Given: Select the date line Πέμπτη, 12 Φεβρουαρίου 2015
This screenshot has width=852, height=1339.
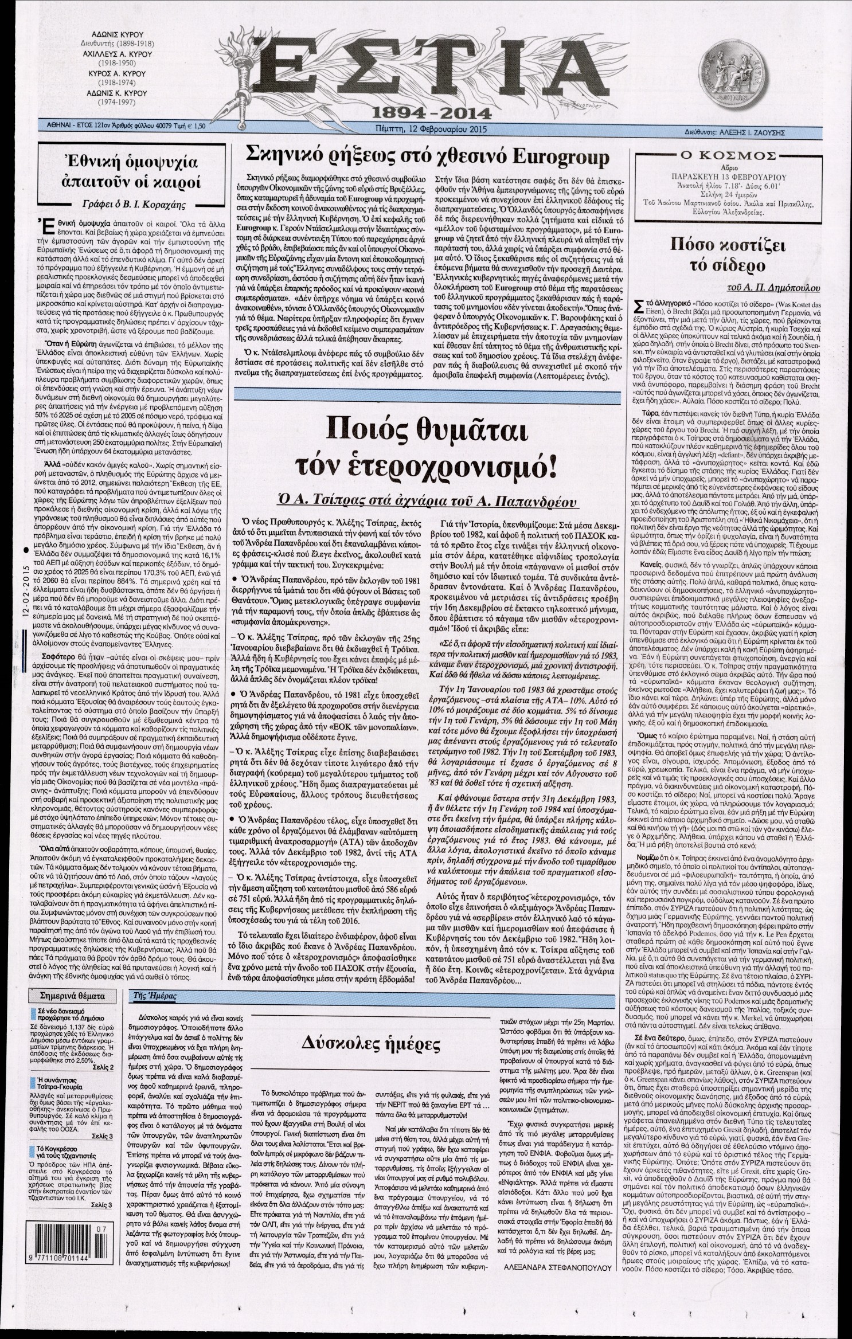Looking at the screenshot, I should tap(425, 129).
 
